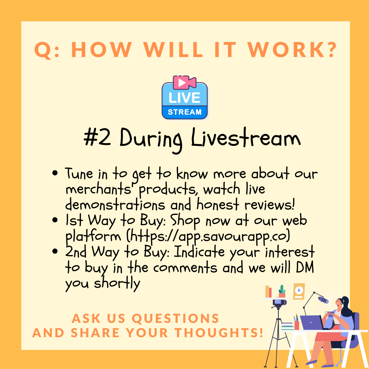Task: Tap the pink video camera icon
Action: (184, 82)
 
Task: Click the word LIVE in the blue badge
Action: (184, 98)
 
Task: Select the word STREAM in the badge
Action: (185, 112)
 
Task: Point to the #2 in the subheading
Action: (97, 137)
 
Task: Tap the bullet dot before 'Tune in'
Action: (55, 173)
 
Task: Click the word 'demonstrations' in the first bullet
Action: (115, 205)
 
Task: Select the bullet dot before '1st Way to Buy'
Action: (55, 220)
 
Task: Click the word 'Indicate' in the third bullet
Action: (199, 252)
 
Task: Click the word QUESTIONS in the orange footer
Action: (176, 319)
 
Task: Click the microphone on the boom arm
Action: (323, 300)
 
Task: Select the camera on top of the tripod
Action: (279, 302)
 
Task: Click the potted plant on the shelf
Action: (282, 291)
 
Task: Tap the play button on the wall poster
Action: (299, 290)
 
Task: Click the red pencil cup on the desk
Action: (297, 325)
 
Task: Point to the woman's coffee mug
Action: (330, 314)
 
